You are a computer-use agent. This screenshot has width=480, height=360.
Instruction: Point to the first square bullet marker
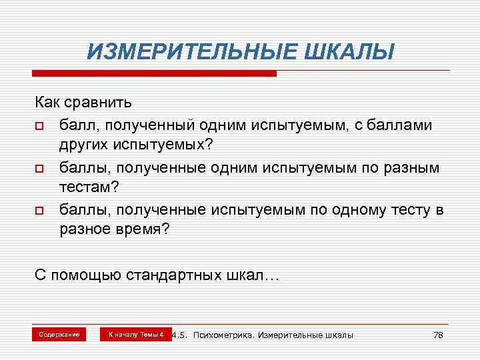click(40, 126)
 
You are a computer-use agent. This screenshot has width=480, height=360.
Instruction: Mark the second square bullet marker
click(40, 168)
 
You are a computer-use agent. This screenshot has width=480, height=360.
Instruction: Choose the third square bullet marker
click(40, 211)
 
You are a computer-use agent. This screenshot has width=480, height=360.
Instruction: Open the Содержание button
click(59, 333)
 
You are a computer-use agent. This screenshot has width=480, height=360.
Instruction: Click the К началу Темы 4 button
click(136, 333)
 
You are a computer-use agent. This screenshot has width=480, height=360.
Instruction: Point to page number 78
click(438, 334)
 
